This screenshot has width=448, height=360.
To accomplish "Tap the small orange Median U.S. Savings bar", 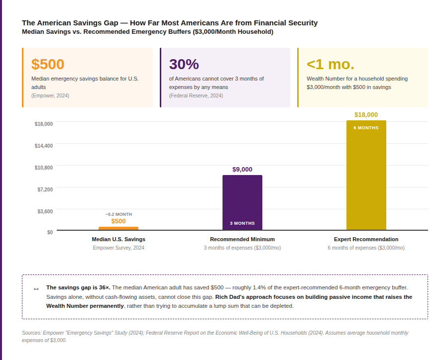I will pos(118,228).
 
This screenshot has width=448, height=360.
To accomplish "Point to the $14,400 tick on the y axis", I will pos(44,146).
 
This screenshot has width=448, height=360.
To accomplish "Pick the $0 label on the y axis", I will pos(50,232).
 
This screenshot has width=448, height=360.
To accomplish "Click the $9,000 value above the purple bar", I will pos(242,170).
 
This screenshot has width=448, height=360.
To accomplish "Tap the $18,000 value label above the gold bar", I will pos(366,115).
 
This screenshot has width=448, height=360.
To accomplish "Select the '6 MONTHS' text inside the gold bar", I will pos(366,128).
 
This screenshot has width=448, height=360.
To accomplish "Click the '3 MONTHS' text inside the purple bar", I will pos(242,223).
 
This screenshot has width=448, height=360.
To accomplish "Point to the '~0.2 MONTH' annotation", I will pos(118,214).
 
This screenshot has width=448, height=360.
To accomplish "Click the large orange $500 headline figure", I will pos(48,65).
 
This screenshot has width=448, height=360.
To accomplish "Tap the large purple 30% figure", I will pos(184,65).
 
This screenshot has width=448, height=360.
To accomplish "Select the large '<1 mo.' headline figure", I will pos(330,65).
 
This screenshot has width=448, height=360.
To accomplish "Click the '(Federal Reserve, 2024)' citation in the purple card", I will pos(196,95).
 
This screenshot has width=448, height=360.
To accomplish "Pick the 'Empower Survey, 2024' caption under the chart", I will pos(118,248).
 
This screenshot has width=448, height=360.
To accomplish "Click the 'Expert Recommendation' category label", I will pos(366,239).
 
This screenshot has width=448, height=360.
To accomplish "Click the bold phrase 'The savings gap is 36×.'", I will pos(78,287).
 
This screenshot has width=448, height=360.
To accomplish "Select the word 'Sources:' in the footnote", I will pos(32,333).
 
